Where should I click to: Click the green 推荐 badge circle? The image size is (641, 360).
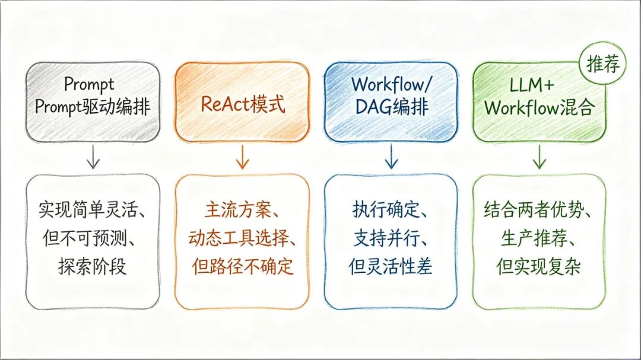click(x=602, y=63)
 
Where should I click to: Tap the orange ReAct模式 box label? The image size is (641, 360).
click(x=242, y=104)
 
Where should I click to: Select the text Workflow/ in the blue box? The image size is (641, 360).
click(x=391, y=85)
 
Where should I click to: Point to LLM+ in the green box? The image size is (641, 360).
click(x=531, y=85)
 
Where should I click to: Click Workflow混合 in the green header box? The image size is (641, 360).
click(x=538, y=107)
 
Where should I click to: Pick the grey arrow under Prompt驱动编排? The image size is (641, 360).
click(x=93, y=157)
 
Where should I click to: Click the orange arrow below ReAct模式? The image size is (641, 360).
click(x=242, y=157)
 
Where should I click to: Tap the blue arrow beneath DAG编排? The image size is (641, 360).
click(x=391, y=157)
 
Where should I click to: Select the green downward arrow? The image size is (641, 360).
click(x=539, y=157)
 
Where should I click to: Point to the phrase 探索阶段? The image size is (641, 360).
click(x=92, y=266)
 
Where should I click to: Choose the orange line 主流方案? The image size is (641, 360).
click(x=238, y=210)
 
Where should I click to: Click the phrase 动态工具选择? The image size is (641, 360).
click(x=238, y=238)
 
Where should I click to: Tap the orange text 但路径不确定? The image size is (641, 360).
click(x=243, y=266)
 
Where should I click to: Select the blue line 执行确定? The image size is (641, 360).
click(x=386, y=210)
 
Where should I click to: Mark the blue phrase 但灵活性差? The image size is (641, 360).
click(x=391, y=266)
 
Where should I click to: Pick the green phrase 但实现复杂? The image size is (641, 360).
click(x=538, y=266)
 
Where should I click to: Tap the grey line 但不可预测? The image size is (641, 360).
click(x=89, y=238)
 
